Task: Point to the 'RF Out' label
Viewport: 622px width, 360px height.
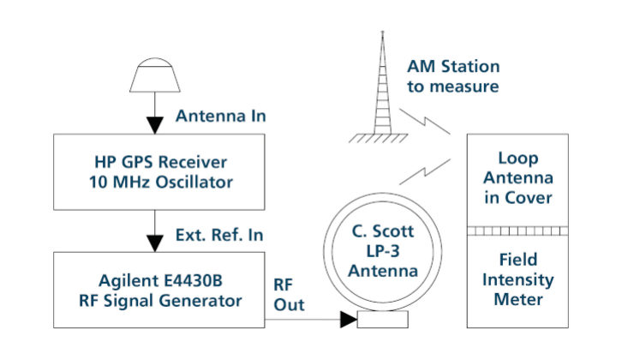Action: (x=288, y=293)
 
